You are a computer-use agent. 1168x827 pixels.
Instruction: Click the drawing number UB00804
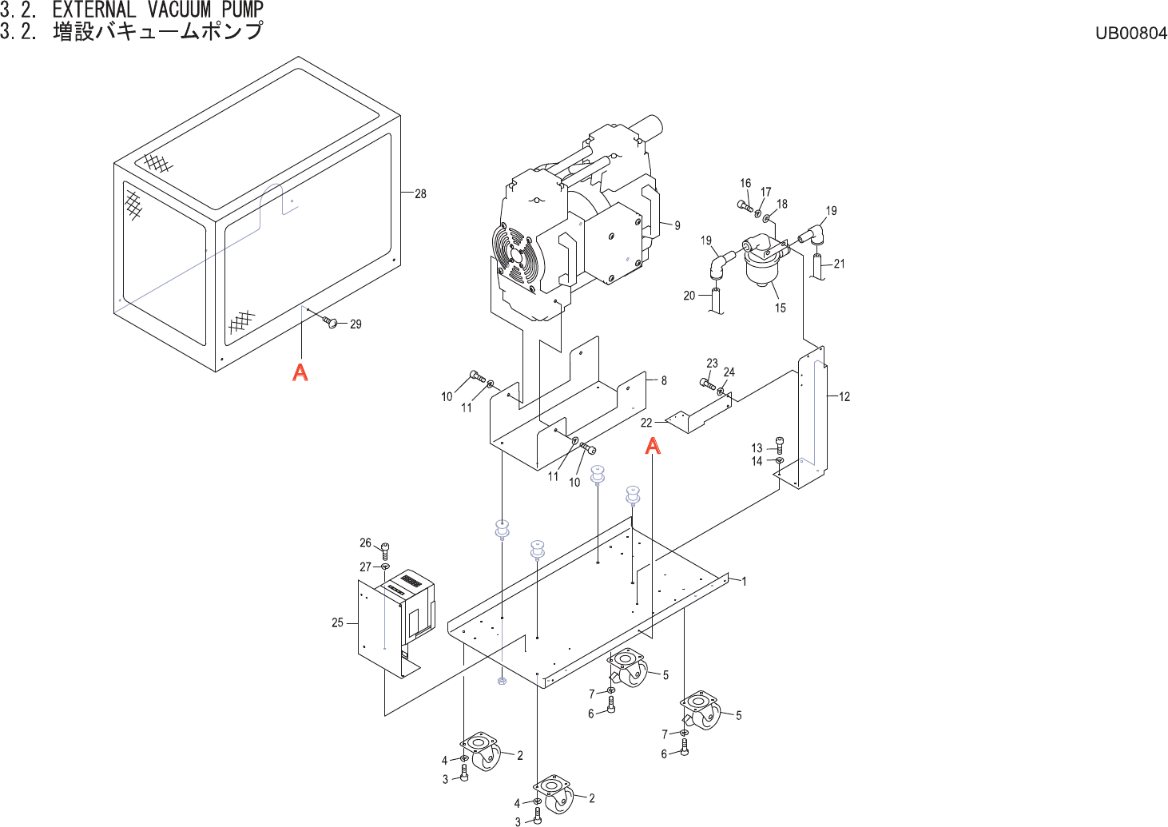click(x=1130, y=33)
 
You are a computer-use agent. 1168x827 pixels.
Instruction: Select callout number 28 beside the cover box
click(x=420, y=193)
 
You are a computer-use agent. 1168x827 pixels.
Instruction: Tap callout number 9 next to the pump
click(x=677, y=225)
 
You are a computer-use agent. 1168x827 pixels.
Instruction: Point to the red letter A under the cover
click(x=300, y=372)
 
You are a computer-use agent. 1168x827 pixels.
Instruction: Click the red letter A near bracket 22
click(x=653, y=446)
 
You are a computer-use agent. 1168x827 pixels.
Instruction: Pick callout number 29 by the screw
click(x=356, y=324)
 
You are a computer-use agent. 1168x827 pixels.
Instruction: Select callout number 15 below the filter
click(x=780, y=308)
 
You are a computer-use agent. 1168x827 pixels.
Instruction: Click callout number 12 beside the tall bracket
click(x=844, y=396)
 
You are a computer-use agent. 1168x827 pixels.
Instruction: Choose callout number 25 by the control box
click(x=337, y=622)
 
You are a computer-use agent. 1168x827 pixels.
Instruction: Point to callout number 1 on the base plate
click(x=744, y=581)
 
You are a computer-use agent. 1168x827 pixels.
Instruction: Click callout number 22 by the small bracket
click(x=646, y=423)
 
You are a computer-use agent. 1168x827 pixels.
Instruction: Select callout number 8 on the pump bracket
click(x=663, y=380)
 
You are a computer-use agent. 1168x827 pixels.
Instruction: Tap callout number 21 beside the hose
click(x=839, y=264)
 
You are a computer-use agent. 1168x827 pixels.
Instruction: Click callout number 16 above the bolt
click(x=745, y=183)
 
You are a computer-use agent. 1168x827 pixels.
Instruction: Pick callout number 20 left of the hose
click(x=689, y=296)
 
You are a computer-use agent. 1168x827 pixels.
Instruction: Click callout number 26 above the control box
click(x=365, y=543)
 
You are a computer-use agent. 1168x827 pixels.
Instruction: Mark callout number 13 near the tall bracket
click(x=757, y=448)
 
